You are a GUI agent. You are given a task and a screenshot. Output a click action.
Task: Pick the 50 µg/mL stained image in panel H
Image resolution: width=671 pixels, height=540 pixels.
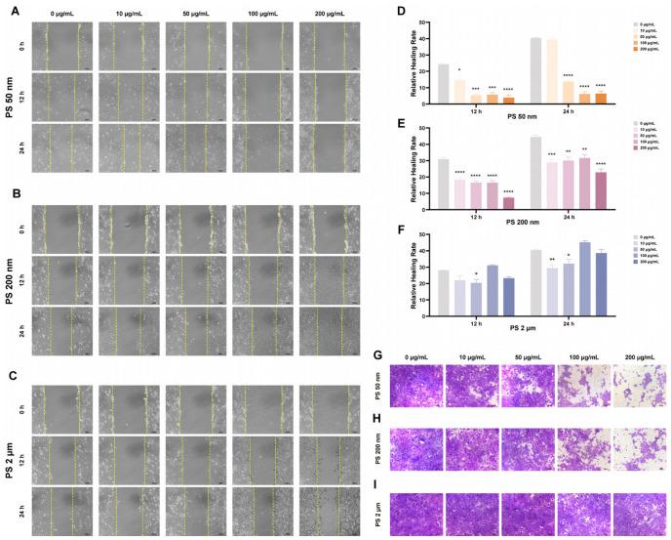pos(529,448)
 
